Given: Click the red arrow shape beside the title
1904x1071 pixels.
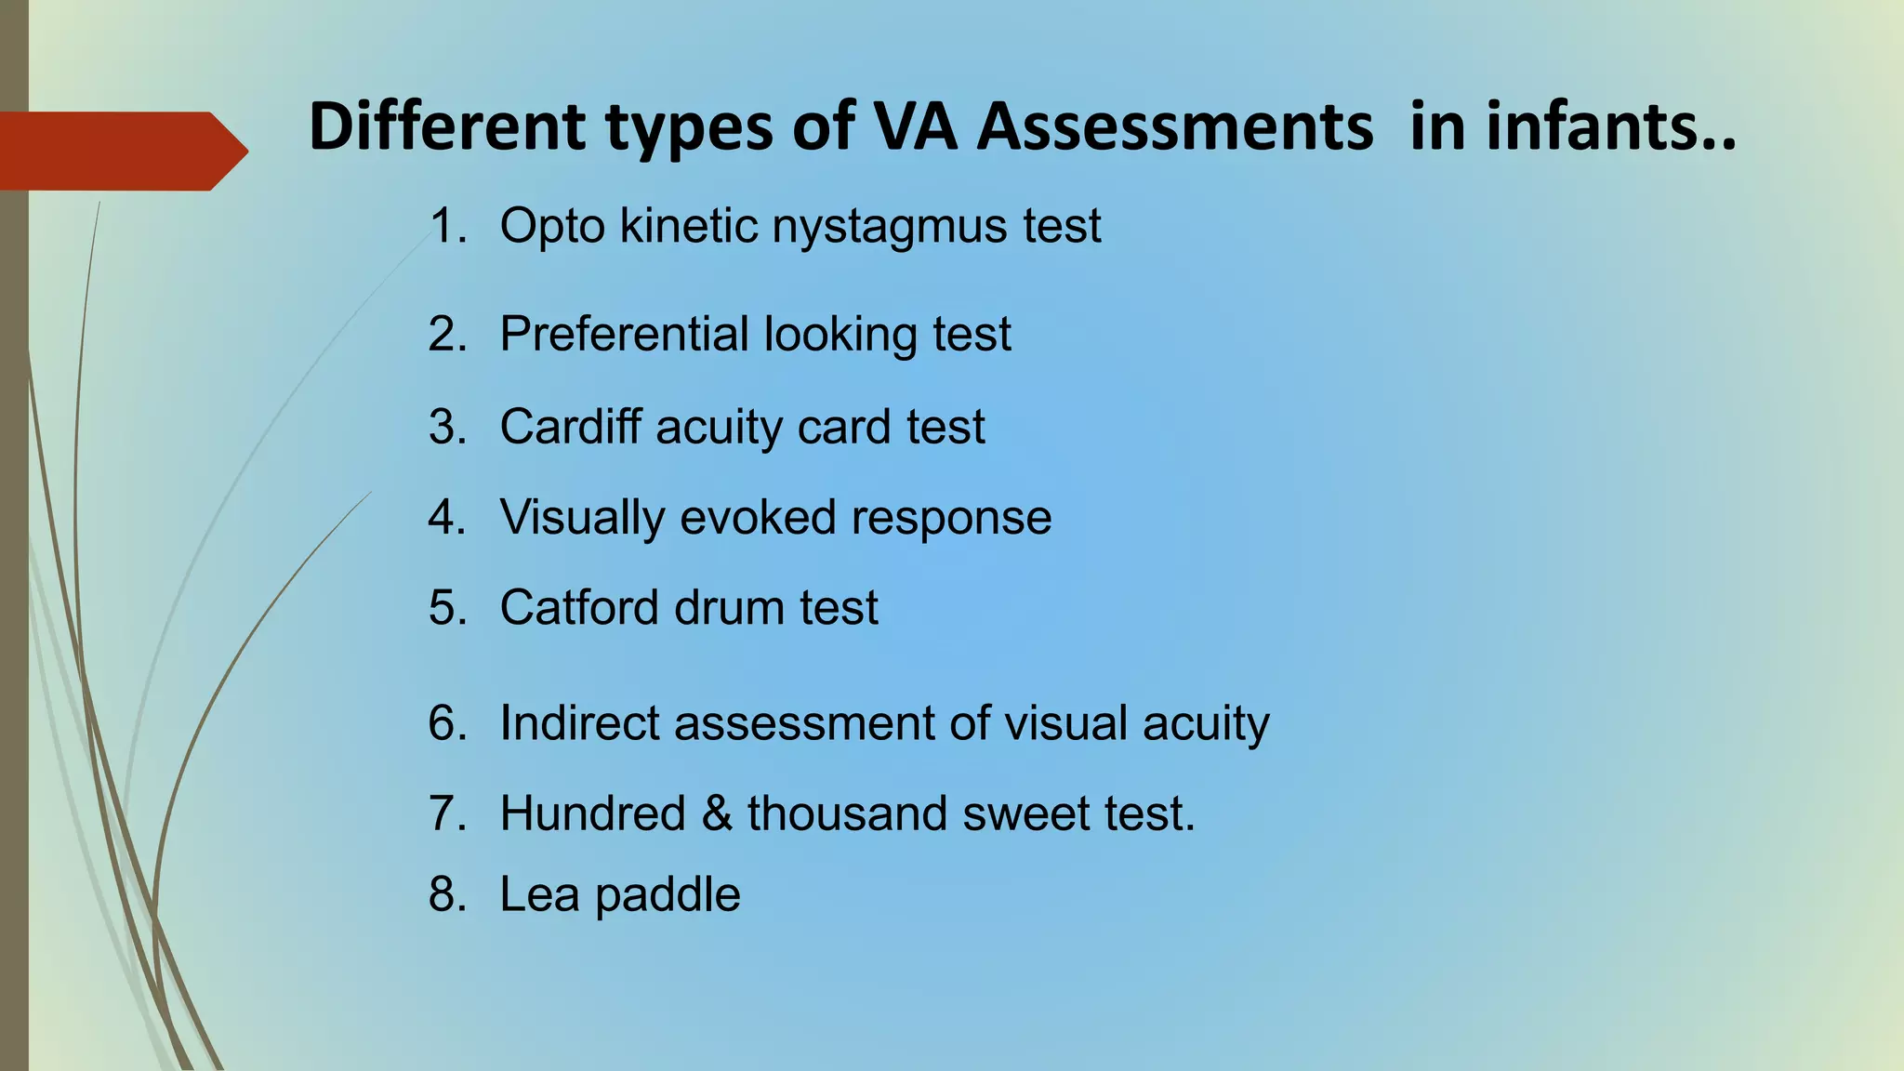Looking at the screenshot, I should pyautogui.click(x=121, y=151).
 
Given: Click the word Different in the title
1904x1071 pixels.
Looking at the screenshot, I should pyautogui.click(x=447, y=126).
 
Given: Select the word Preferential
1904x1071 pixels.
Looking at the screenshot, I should pyautogui.click(x=624, y=334).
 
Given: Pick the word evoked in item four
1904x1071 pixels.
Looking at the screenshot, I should pyautogui.click(x=758, y=517).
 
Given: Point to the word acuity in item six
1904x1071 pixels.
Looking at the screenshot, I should pyautogui.click(x=1206, y=724).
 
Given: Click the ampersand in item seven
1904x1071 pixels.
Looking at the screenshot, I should pyautogui.click(x=717, y=813).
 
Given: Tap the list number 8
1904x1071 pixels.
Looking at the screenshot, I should pyautogui.click(x=446, y=894).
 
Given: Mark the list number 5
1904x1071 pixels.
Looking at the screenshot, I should pyautogui.click(x=446, y=607).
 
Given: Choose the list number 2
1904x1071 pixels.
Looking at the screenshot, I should pyautogui.click(x=446, y=334).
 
